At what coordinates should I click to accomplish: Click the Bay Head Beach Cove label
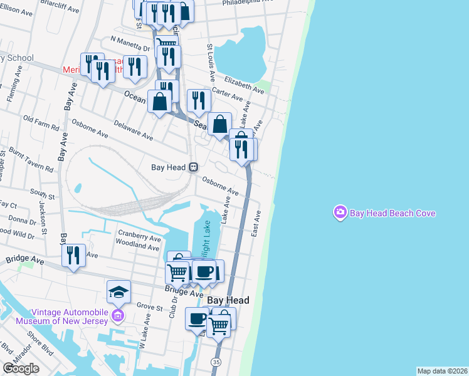pos(393,213)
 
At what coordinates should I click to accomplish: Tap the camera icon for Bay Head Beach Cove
pos(340,213)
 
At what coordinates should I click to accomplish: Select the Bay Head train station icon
pos(194,167)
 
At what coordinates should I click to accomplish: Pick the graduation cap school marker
pos(119,291)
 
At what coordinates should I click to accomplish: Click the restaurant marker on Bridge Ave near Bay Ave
pos(74,255)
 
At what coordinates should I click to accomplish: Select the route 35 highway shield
pos(216,362)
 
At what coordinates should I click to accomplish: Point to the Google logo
pos(21,368)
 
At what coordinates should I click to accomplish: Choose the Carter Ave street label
pos(227,95)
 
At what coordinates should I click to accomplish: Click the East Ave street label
pos(256,223)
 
